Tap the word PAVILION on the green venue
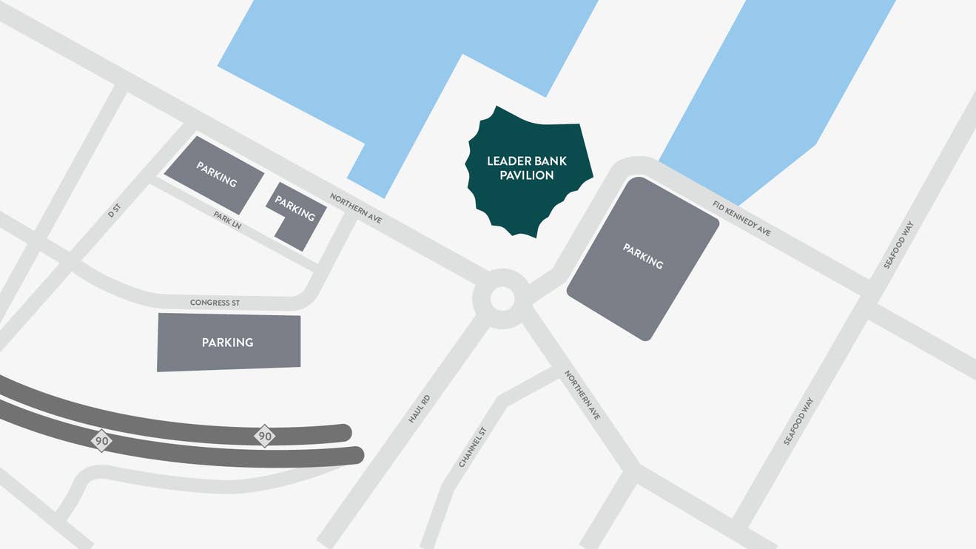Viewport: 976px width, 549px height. [x=527, y=175]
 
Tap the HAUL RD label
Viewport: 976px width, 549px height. [x=419, y=408]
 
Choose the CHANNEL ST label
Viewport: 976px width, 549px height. [x=472, y=447]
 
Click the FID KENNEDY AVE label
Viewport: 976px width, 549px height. [x=741, y=218]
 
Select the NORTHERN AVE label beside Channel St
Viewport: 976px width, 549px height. [x=582, y=395]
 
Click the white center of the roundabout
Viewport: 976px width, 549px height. [x=502, y=299]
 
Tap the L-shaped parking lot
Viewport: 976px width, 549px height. [x=296, y=214]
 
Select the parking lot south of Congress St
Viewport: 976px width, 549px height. [x=228, y=342]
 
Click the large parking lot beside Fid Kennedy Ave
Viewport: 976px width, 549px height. [x=642, y=257]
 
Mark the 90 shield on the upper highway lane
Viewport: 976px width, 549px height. [x=264, y=436]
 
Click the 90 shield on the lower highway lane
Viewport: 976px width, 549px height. [x=101, y=442]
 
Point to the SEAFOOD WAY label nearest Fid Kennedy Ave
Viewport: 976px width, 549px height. [x=898, y=245]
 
